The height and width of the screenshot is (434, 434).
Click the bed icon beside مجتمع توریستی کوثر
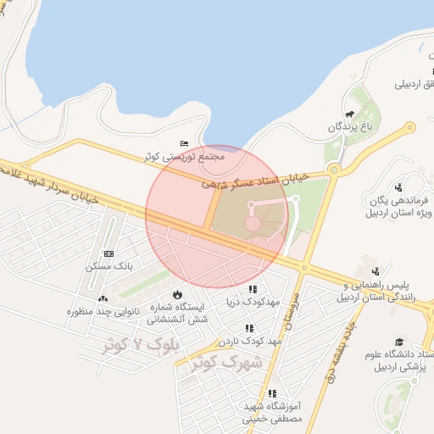point(185,144)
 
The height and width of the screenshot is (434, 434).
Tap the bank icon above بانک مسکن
point(108,253)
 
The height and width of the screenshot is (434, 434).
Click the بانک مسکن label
point(106,266)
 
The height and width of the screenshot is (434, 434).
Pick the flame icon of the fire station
point(177,294)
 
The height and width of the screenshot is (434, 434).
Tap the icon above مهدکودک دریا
point(252,289)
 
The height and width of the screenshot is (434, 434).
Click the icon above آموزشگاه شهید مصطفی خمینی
point(272,393)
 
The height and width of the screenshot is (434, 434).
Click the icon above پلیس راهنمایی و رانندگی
point(365,260)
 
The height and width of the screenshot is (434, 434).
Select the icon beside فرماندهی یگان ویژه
point(398,187)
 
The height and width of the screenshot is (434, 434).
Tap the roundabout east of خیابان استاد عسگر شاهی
point(333,170)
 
